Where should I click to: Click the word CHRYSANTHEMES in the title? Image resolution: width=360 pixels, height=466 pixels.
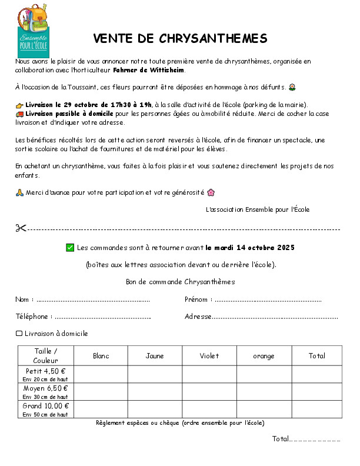pos(213,39)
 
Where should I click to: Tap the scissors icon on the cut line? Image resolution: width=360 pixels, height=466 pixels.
pos(21,228)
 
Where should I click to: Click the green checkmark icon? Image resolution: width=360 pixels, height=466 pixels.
pos(70,247)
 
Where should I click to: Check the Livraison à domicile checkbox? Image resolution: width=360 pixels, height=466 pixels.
pos(19,334)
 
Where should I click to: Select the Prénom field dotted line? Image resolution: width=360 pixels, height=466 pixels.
pos(268,299)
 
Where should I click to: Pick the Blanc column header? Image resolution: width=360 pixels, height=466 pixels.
pos(101,356)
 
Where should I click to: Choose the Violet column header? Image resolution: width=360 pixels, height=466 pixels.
pos(209,356)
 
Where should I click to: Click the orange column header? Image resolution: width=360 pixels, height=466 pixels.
pos(264,356)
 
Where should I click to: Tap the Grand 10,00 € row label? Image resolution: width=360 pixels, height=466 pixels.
pos(46,406)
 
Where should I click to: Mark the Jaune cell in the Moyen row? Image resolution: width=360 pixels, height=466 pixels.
pos(155,391)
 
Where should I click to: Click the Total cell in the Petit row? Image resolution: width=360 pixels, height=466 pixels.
pos(316,374)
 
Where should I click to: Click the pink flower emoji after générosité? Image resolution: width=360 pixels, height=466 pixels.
pos(211,192)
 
